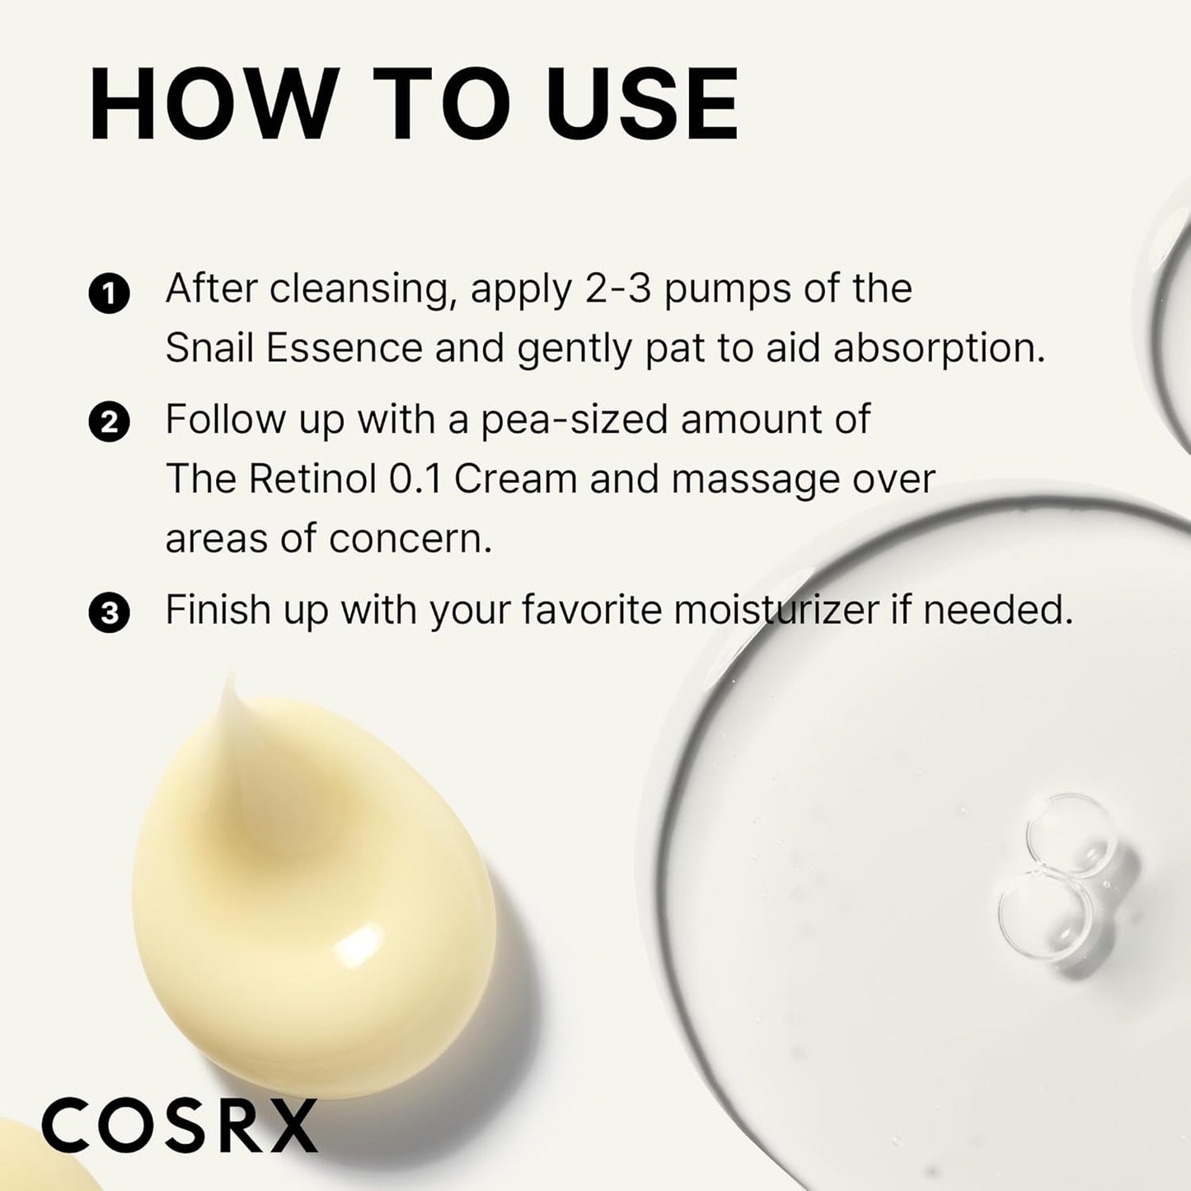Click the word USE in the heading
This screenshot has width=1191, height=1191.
(647, 106)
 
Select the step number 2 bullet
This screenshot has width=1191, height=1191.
(109, 423)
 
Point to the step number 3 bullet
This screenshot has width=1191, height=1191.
(109, 614)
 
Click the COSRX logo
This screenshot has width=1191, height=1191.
(180, 1126)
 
